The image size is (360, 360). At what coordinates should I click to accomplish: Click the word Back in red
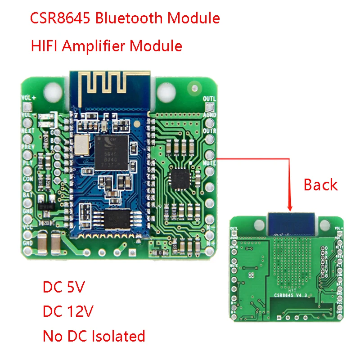point(320,184)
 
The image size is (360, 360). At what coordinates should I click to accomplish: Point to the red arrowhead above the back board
point(290,207)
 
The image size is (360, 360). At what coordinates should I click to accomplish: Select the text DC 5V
point(63,287)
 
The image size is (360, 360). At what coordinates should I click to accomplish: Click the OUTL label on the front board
point(210,99)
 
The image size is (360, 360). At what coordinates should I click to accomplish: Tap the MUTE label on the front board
point(210,163)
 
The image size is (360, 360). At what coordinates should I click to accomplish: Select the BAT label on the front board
point(27,195)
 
